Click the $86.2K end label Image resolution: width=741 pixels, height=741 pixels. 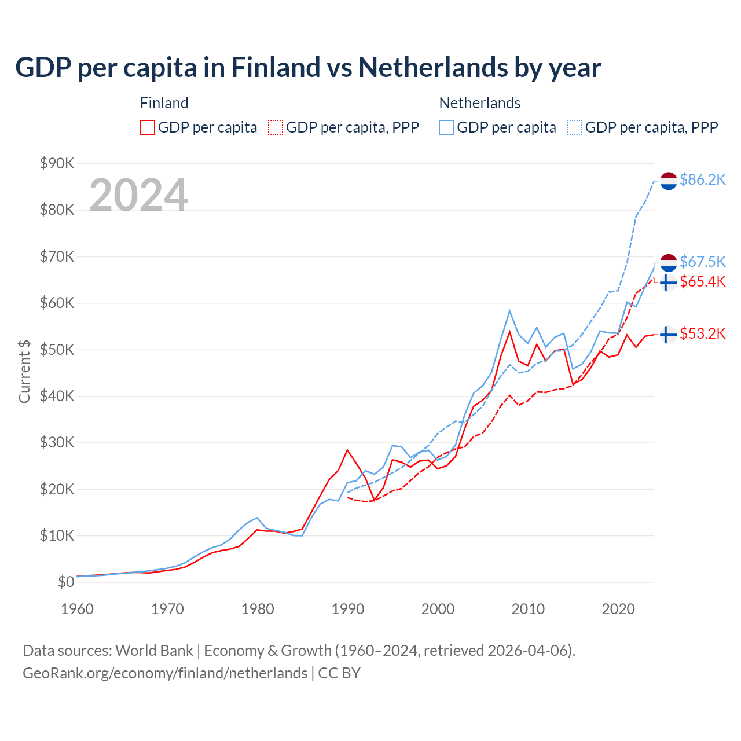pos(702,180)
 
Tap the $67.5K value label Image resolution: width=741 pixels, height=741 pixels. pos(702,262)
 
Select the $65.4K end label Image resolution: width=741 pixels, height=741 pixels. pos(702,282)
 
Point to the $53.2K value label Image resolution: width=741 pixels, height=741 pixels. pos(702,334)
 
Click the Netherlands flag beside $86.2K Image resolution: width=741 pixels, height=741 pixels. pos(669,181)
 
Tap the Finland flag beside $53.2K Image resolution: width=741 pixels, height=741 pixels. pos(669,335)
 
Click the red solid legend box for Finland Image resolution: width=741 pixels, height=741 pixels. pos(148,127)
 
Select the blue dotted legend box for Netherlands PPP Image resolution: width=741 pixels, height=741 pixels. pos(575,127)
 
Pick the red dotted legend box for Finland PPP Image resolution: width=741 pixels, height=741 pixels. pos(276,127)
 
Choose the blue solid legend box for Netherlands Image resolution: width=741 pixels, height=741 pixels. pos(446,127)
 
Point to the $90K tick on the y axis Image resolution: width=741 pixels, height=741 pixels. pos(57,164)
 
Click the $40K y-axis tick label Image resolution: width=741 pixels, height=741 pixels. pos(57,397)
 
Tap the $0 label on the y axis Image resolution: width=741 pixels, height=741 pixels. pos(65,582)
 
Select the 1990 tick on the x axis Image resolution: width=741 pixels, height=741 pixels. pos(348,609)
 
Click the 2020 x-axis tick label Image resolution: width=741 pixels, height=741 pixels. pos(618,609)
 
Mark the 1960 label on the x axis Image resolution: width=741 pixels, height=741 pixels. pos(78,609)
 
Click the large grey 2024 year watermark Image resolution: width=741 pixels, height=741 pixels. pos(138,195)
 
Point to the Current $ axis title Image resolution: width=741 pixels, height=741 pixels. pos(24,371)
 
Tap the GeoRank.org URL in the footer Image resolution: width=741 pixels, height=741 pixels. pos(165,673)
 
